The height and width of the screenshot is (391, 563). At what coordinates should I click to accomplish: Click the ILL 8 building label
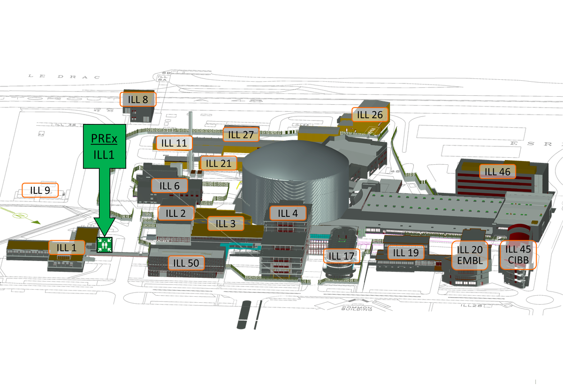coord(138,100)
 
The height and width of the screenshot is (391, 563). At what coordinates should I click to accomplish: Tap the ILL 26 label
coord(370,115)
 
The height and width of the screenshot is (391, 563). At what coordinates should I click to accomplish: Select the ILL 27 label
coord(241,135)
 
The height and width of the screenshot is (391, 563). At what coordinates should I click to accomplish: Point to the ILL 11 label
coord(175,143)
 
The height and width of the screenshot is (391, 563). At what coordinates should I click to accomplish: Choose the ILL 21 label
coord(219,163)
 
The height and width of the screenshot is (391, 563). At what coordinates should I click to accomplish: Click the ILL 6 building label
coord(169,186)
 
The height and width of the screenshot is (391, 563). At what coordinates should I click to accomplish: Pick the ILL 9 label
coord(40,190)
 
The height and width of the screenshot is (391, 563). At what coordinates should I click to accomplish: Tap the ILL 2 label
coord(175,214)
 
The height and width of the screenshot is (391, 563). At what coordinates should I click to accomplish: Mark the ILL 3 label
coord(226,223)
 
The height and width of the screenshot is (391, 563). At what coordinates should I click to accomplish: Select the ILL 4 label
coord(288,214)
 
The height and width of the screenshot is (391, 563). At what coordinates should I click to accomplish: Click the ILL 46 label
coord(498,172)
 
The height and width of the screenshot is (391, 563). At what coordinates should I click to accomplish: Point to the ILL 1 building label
coord(67,247)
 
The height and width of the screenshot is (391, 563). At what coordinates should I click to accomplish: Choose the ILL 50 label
coord(186,263)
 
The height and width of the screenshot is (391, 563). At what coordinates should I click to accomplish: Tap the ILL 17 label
coord(342,256)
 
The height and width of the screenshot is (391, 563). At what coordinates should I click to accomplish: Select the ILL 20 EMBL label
coord(470,255)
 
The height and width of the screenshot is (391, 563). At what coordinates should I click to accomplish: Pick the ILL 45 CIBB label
coord(518,255)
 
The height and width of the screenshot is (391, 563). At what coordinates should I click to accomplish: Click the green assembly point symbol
coord(104,245)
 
